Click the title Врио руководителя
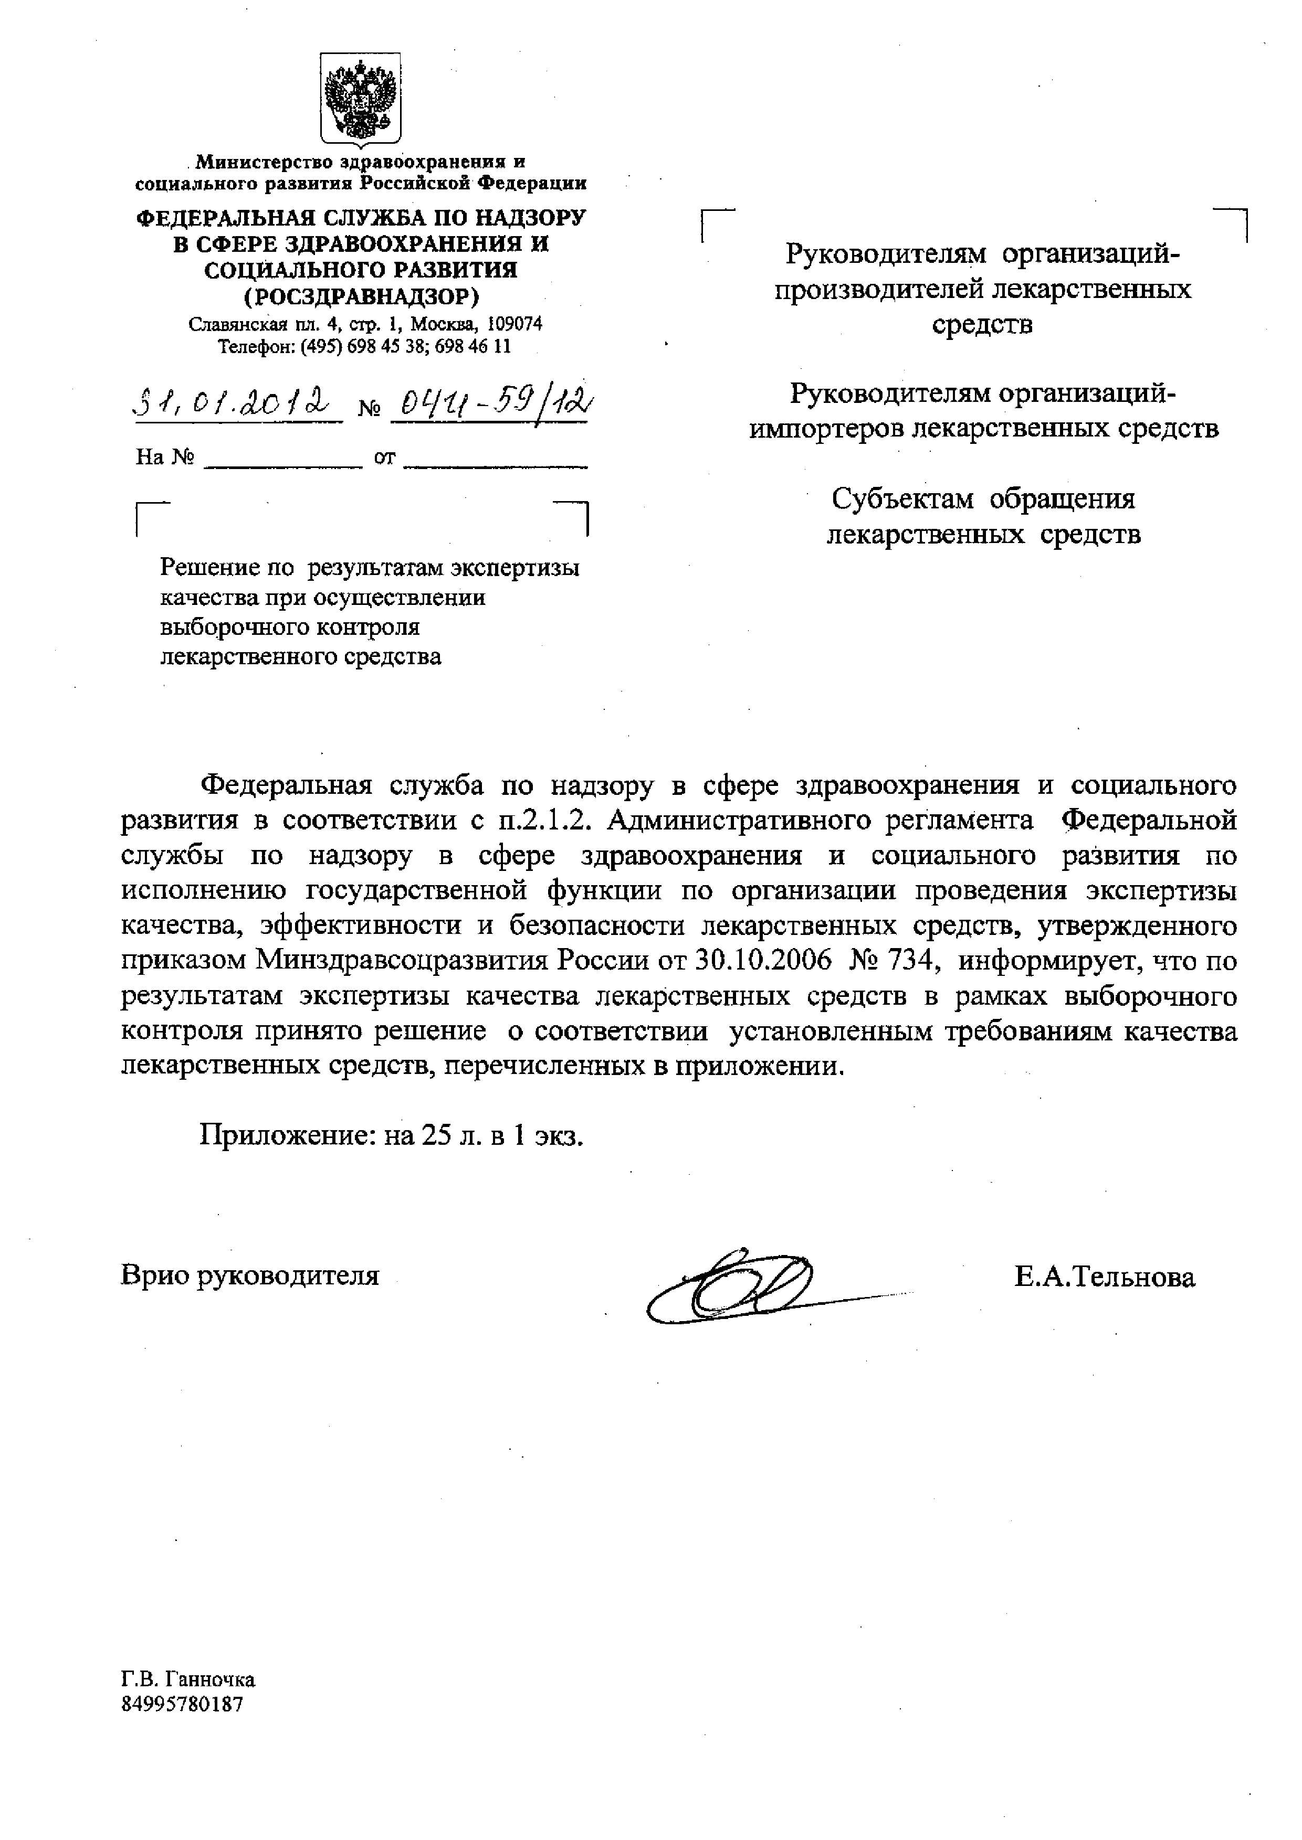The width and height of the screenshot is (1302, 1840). click(249, 1275)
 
